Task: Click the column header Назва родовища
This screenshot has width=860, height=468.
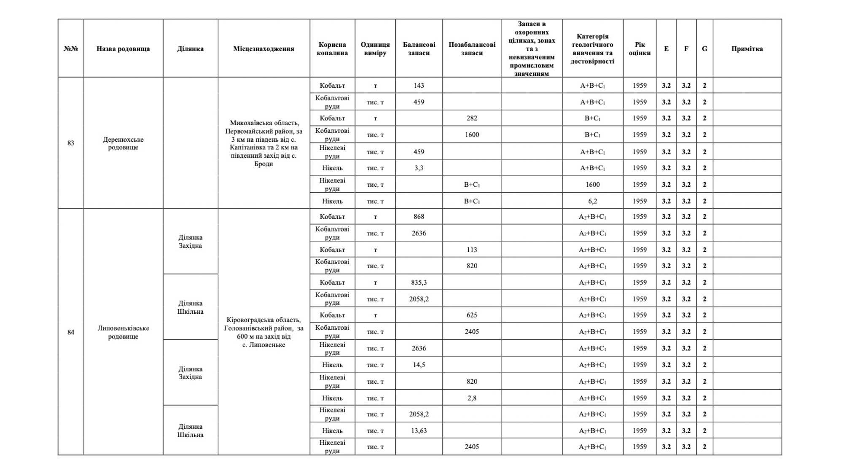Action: [123, 48]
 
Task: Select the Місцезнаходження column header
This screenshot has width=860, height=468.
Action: [263, 48]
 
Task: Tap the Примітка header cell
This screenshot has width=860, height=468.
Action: [747, 48]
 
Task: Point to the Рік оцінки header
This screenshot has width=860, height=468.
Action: [640, 48]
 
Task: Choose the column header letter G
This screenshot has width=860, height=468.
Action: [704, 48]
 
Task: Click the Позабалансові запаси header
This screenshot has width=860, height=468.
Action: [472, 48]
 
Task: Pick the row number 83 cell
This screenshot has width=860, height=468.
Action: [70, 143]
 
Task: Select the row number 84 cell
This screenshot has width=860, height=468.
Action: [70, 332]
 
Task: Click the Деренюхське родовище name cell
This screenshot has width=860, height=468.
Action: [123, 143]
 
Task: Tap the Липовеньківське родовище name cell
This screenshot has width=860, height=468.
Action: [123, 332]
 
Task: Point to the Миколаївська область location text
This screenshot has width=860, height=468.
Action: [263, 143]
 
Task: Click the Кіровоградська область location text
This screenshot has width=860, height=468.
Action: [263, 332]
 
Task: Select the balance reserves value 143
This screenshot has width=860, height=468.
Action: [419, 86]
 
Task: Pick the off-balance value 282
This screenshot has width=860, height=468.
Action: [472, 118]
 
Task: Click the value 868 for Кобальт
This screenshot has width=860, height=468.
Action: [419, 217]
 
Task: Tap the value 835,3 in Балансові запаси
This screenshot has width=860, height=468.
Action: [419, 282]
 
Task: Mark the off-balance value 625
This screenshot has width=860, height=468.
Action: [472, 315]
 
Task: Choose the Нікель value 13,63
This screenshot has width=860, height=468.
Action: [419, 430]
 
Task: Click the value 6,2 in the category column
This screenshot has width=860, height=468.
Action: [592, 201]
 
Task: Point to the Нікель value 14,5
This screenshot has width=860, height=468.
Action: [419, 365]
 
